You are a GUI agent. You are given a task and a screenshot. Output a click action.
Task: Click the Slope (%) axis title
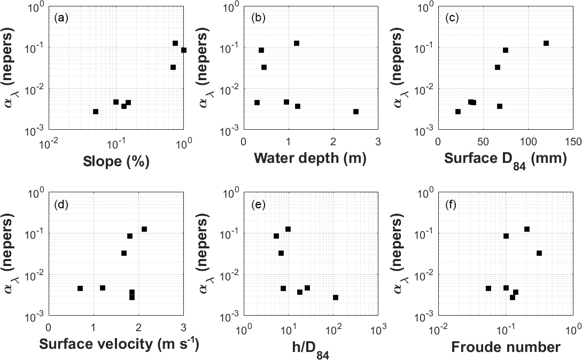click(115, 159)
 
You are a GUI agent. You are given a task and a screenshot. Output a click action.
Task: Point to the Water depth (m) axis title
click(311, 159)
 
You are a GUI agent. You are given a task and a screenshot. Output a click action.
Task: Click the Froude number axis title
click(506, 347)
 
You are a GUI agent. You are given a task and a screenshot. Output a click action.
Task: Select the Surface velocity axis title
click(119, 345)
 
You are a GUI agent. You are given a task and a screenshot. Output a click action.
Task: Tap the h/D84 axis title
click(311, 347)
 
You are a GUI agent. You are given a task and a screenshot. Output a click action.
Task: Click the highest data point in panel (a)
click(175, 43)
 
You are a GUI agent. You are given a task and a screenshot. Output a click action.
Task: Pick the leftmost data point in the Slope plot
click(96, 112)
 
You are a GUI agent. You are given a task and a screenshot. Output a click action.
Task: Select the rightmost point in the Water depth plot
click(356, 112)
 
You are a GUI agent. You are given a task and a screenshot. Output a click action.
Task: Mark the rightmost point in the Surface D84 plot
click(546, 43)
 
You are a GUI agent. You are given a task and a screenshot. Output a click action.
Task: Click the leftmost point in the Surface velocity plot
click(80, 288)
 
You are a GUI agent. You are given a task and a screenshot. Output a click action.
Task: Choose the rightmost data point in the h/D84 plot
click(336, 298)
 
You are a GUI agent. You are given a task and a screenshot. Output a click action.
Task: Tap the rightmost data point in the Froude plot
click(539, 253)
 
